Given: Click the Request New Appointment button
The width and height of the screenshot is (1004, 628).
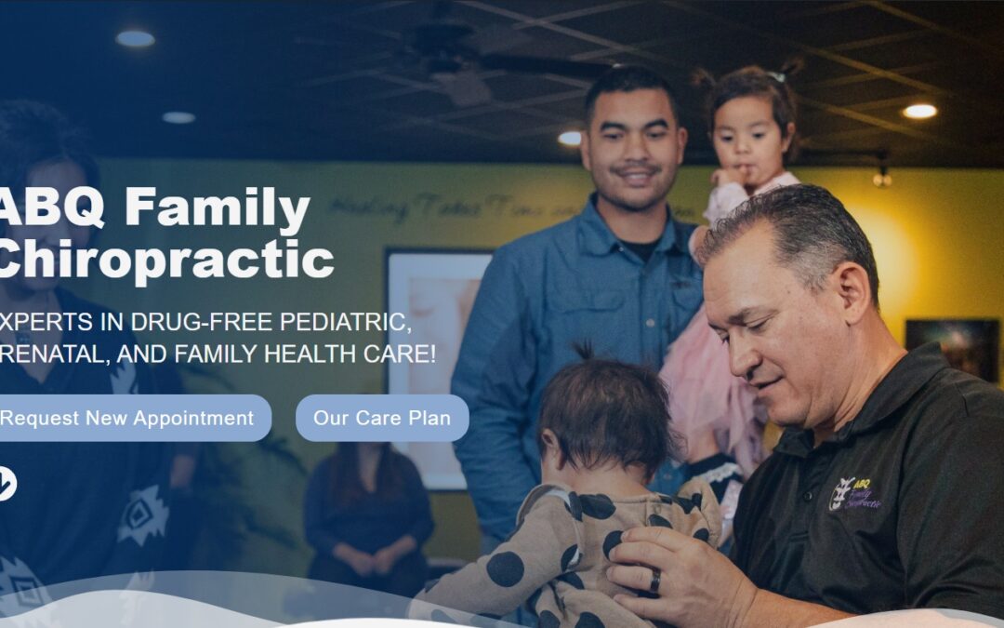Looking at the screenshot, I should click(x=130, y=418).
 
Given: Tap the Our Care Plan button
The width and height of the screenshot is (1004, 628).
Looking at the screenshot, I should click(x=382, y=418).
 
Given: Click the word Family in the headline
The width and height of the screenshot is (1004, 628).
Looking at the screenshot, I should click(x=218, y=208).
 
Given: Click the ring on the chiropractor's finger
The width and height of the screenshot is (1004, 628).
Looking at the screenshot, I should click(x=654, y=581).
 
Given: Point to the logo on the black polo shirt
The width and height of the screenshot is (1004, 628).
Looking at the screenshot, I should click(x=854, y=494).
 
